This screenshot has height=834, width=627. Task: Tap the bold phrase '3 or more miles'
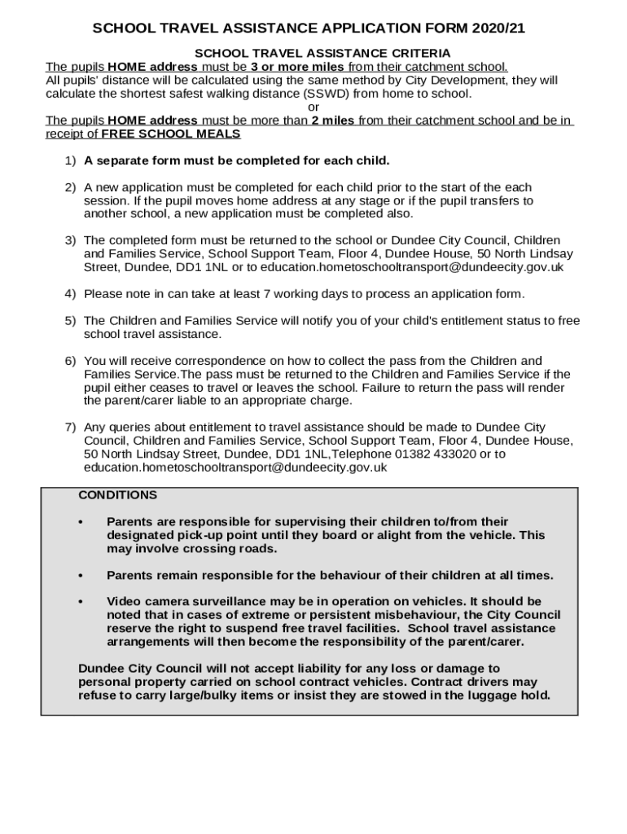coord(300,67)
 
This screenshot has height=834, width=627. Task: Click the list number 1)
coord(70,160)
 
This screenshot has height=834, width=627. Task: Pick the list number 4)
coord(70,294)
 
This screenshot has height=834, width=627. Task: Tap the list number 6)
coord(70,361)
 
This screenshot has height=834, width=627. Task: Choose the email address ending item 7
coord(235,467)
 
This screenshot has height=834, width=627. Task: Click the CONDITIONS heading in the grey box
coord(118,495)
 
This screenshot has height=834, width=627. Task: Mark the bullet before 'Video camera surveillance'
coord(81,601)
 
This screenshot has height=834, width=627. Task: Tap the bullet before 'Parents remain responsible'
coord(81,575)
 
